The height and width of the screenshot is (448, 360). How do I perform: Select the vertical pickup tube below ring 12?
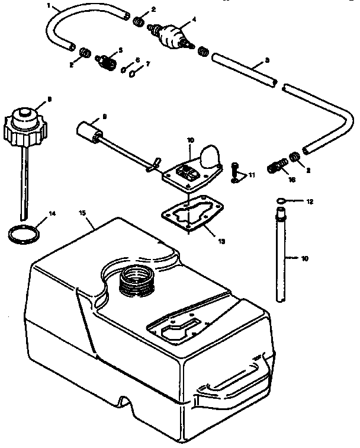tap(281, 255)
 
